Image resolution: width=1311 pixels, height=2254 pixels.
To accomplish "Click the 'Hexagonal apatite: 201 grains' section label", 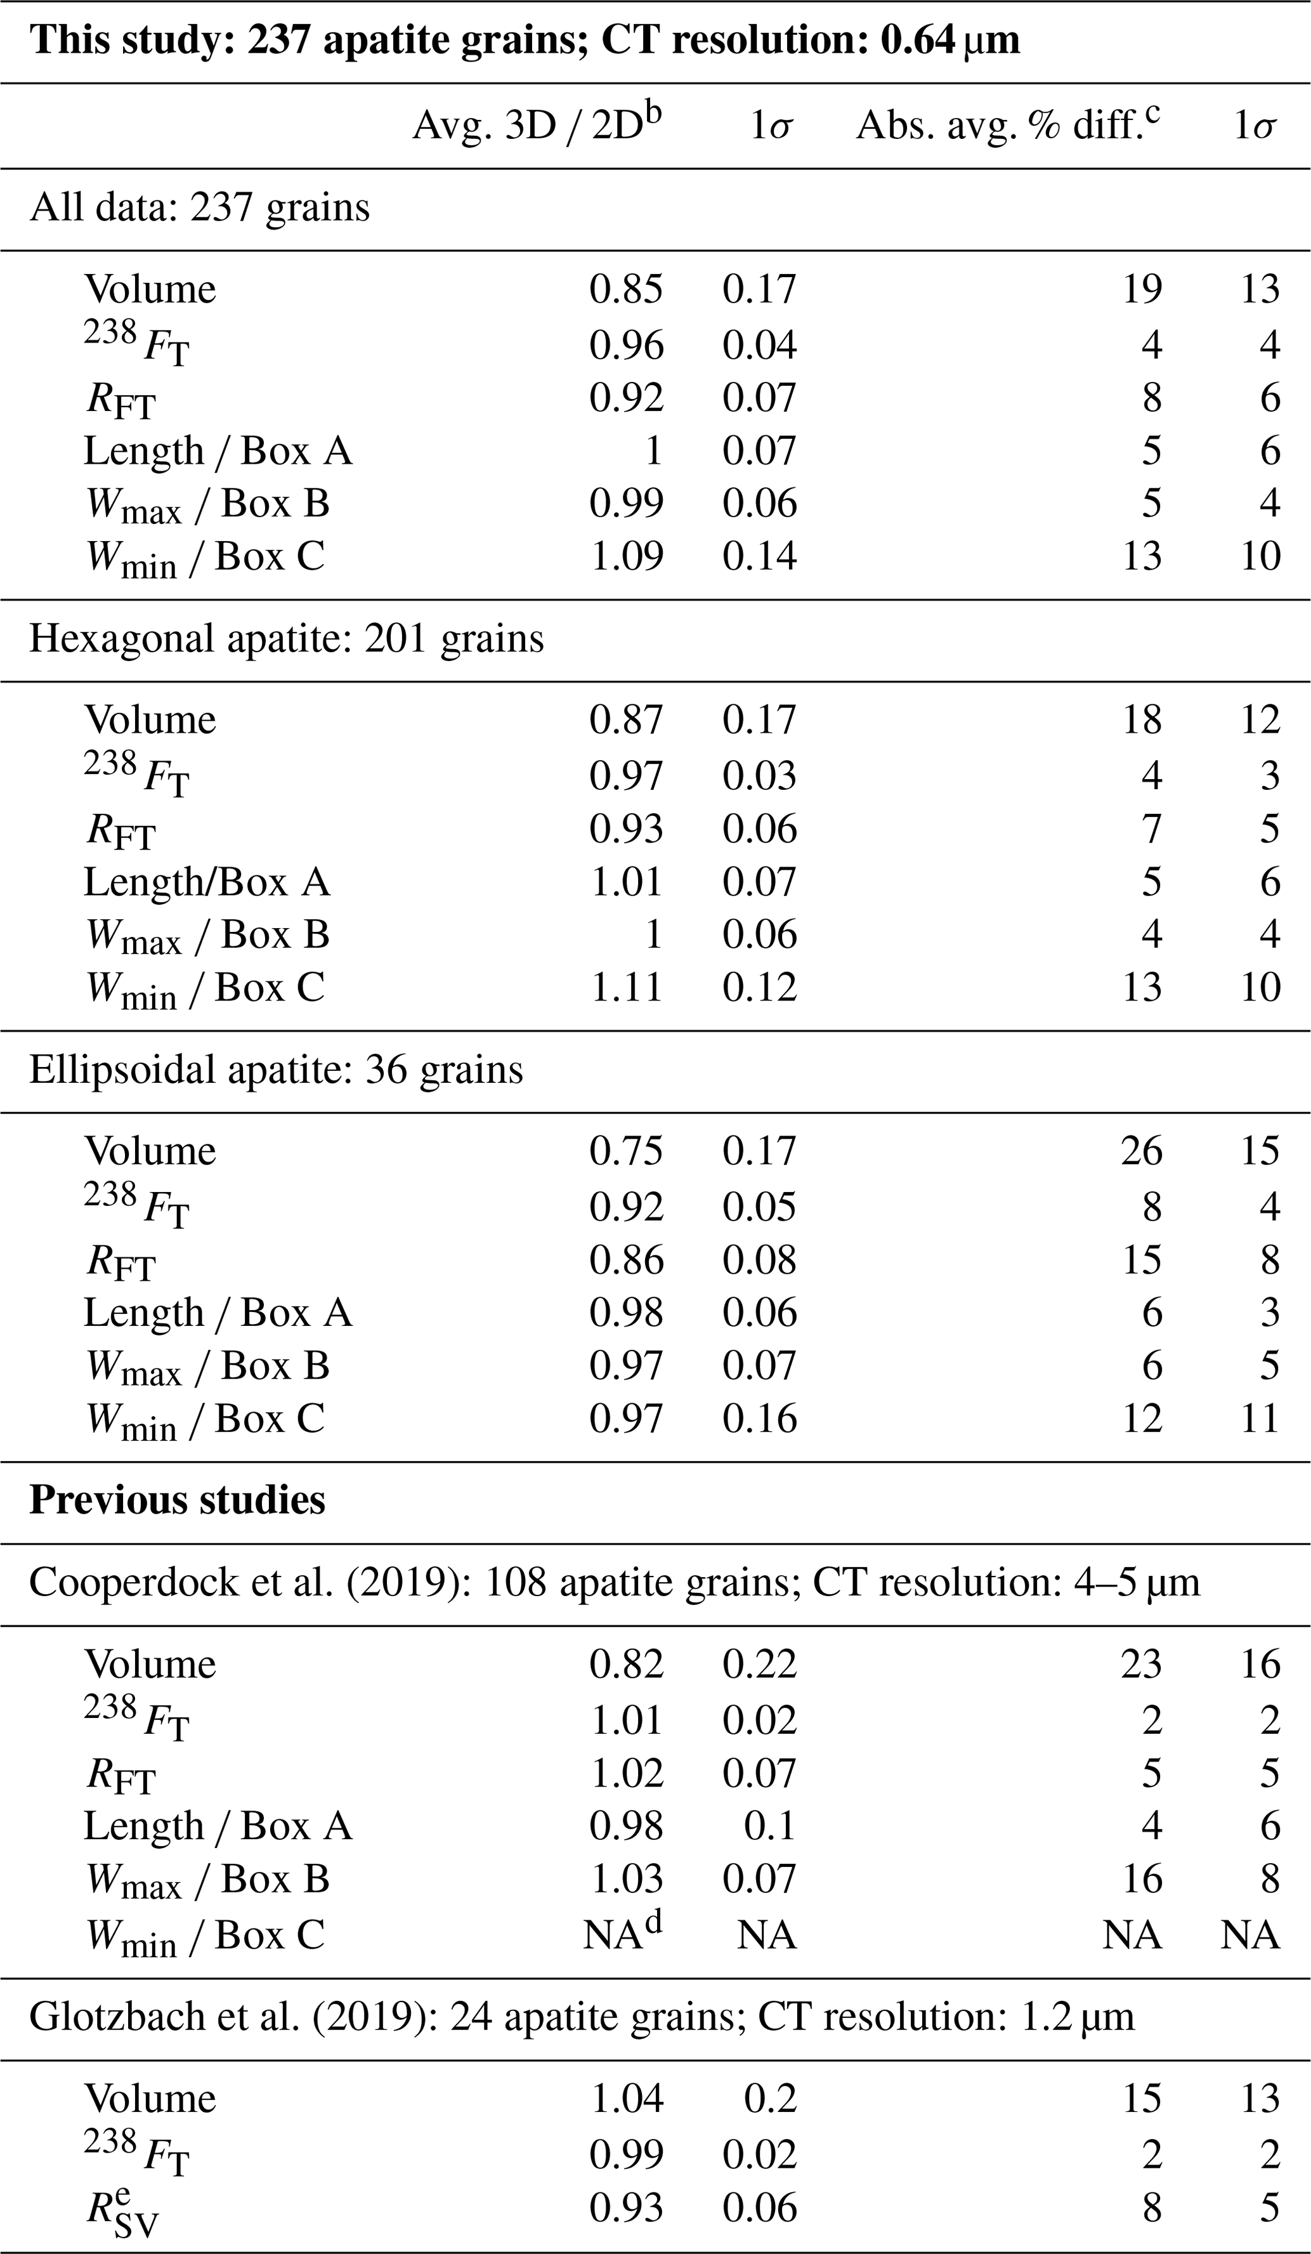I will point(286,639).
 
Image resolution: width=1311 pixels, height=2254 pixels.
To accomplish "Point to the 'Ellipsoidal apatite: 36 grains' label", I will point(275,1070).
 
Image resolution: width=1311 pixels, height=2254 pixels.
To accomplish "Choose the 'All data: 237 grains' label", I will point(199,207).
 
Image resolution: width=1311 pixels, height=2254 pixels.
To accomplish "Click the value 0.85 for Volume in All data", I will point(626,289).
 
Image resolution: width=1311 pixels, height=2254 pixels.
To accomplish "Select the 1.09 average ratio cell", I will point(626,556).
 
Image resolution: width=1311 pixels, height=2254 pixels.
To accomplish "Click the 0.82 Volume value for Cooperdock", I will point(626,1663).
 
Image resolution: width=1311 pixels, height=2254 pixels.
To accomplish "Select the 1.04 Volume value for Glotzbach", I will point(626,2099).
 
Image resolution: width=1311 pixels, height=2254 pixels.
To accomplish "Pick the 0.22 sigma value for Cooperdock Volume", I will point(759,1663).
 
